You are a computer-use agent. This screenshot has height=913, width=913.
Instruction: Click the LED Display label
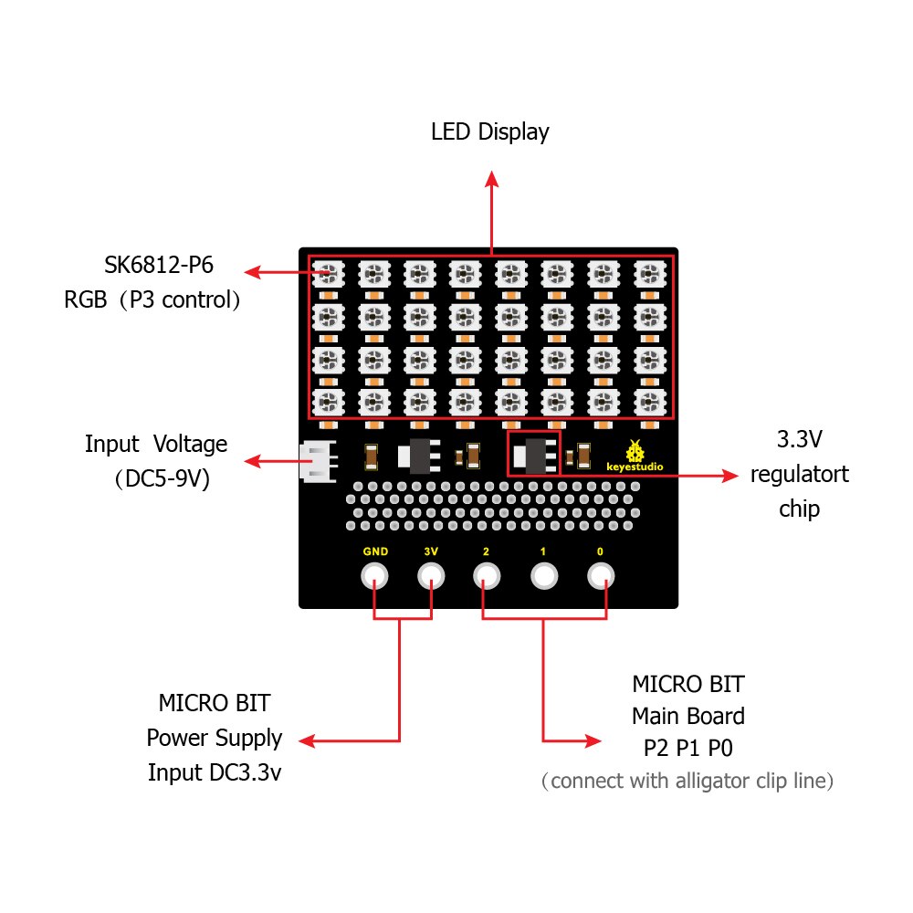(x=490, y=132)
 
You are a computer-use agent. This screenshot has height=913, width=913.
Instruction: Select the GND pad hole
(x=374, y=576)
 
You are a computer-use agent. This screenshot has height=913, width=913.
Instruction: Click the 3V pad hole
(x=431, y=576)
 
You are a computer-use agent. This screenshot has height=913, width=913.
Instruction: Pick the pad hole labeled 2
(x=487, y=576)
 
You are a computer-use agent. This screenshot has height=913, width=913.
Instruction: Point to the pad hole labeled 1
(x=544, y=576)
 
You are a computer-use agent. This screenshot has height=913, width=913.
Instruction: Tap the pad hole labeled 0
(x=600, y=576)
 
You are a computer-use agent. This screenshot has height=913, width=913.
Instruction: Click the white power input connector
(x=314, y=462)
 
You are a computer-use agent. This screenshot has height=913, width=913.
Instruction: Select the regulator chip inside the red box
(x=533, y=454)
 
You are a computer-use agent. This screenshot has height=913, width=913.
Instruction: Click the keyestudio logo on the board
(x=635, y=457)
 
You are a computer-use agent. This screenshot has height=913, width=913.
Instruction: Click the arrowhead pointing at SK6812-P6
(x=253, y=272)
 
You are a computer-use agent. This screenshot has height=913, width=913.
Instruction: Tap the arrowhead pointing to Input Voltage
(x=253, y=463)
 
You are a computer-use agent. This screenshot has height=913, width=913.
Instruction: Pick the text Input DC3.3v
(x=215, y=772)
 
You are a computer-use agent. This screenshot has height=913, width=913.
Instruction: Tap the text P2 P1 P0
(x=689, y=749)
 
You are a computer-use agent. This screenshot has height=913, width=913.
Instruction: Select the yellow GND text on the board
(x=374, y=551)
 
